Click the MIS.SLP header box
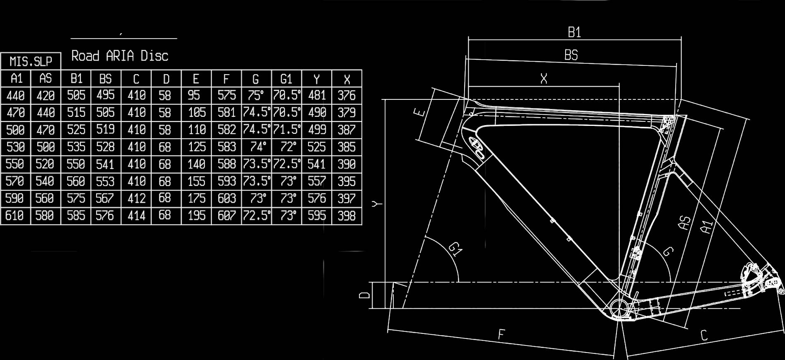tap(31, 61)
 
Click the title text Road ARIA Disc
tap(120, 56)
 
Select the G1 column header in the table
tap(287, 79)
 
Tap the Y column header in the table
tap(317, 79)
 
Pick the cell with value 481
tap(317, 96)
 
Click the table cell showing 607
tap(226, 215)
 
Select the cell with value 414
tap(136, 215)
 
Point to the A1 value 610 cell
tap(15, 215)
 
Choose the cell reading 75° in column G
tap(256, 96)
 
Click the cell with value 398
tap(347, 215)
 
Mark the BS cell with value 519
tap(106, 130)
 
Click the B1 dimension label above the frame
tap(574, 32)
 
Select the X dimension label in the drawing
tap(544, 79)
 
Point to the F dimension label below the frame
tap(501, 334)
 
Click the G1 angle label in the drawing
tap(455, 249)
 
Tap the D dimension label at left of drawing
tap(364, 295)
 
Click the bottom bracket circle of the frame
tap(619, 308)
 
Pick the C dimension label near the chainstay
tap(704, 335)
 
